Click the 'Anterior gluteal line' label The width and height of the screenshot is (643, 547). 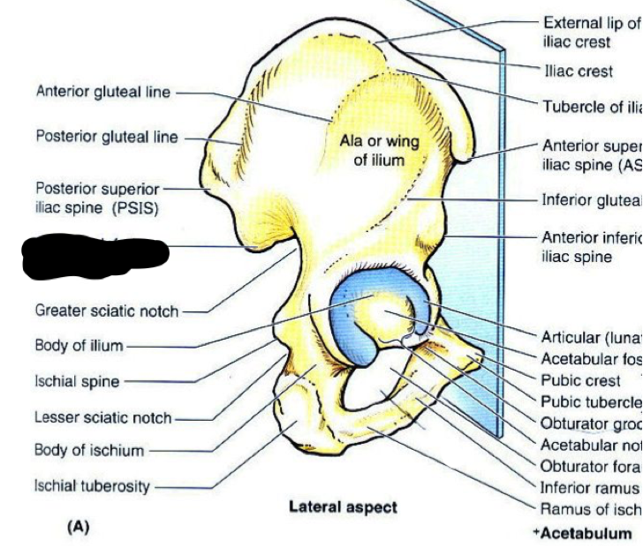pos(103,92)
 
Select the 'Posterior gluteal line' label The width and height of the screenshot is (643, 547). pos(106,137)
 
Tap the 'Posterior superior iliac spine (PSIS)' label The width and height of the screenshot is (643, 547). pos(97,198)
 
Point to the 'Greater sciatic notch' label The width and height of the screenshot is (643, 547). pos(106,311)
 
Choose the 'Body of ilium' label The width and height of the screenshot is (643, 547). pos(79,346)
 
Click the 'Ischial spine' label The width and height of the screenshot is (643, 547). pos(77,382)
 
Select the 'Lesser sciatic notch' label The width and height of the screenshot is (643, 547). pos(103,417)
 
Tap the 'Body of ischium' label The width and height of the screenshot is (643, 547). pos(88,451)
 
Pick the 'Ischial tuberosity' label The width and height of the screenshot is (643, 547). pos(92,486)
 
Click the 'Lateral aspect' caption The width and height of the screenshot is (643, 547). pos(343,506)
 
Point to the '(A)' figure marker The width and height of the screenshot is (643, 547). pos(78,527)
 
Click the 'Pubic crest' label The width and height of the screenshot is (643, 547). pos(580,381)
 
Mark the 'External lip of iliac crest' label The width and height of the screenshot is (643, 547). pos(590,32)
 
